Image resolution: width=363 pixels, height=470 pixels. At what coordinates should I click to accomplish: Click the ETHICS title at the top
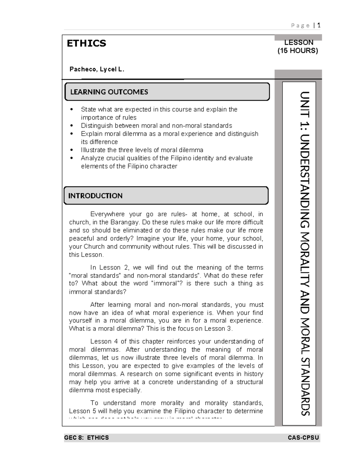click(x=86, y=43)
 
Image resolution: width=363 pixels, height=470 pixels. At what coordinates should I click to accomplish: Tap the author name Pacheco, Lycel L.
click(x=97, y=69)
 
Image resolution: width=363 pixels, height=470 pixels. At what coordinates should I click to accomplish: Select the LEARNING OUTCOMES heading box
click(x=167, y=92)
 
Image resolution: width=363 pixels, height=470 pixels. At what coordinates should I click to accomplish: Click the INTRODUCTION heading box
click(x=166, y=196)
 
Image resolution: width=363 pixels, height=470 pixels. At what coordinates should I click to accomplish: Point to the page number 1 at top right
click(x=319, y=25)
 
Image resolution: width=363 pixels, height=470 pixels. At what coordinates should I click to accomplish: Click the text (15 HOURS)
click(x=298, y=51)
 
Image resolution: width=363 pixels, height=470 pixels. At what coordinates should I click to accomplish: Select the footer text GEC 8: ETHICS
click(x=87, y=438)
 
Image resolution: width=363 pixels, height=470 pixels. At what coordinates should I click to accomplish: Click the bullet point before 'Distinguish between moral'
click(x=71, y=126)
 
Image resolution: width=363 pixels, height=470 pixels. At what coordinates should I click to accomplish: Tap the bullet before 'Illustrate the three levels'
click(x=71, y=150)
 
